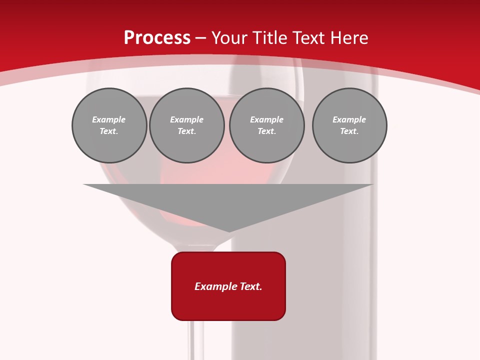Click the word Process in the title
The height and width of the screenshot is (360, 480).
click(x=157, y=38)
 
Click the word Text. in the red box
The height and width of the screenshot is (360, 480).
click(x=250, y=286)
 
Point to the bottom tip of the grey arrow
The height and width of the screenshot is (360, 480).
click(x=229, y=231)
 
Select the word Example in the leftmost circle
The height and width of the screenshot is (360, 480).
click(x=109, y=119)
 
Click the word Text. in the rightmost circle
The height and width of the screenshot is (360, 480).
click(x=349, y=131)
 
